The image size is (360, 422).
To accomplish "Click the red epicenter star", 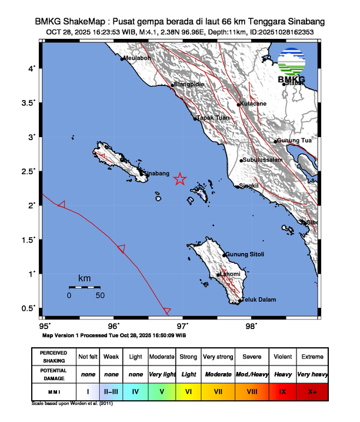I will click(180, 180).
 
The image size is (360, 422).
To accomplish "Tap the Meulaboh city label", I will click(138, 58).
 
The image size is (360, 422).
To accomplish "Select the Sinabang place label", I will click(157, 174).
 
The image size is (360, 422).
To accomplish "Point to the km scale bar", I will click(84, 287).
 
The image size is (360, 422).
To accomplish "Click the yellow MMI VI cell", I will click(189, 391).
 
